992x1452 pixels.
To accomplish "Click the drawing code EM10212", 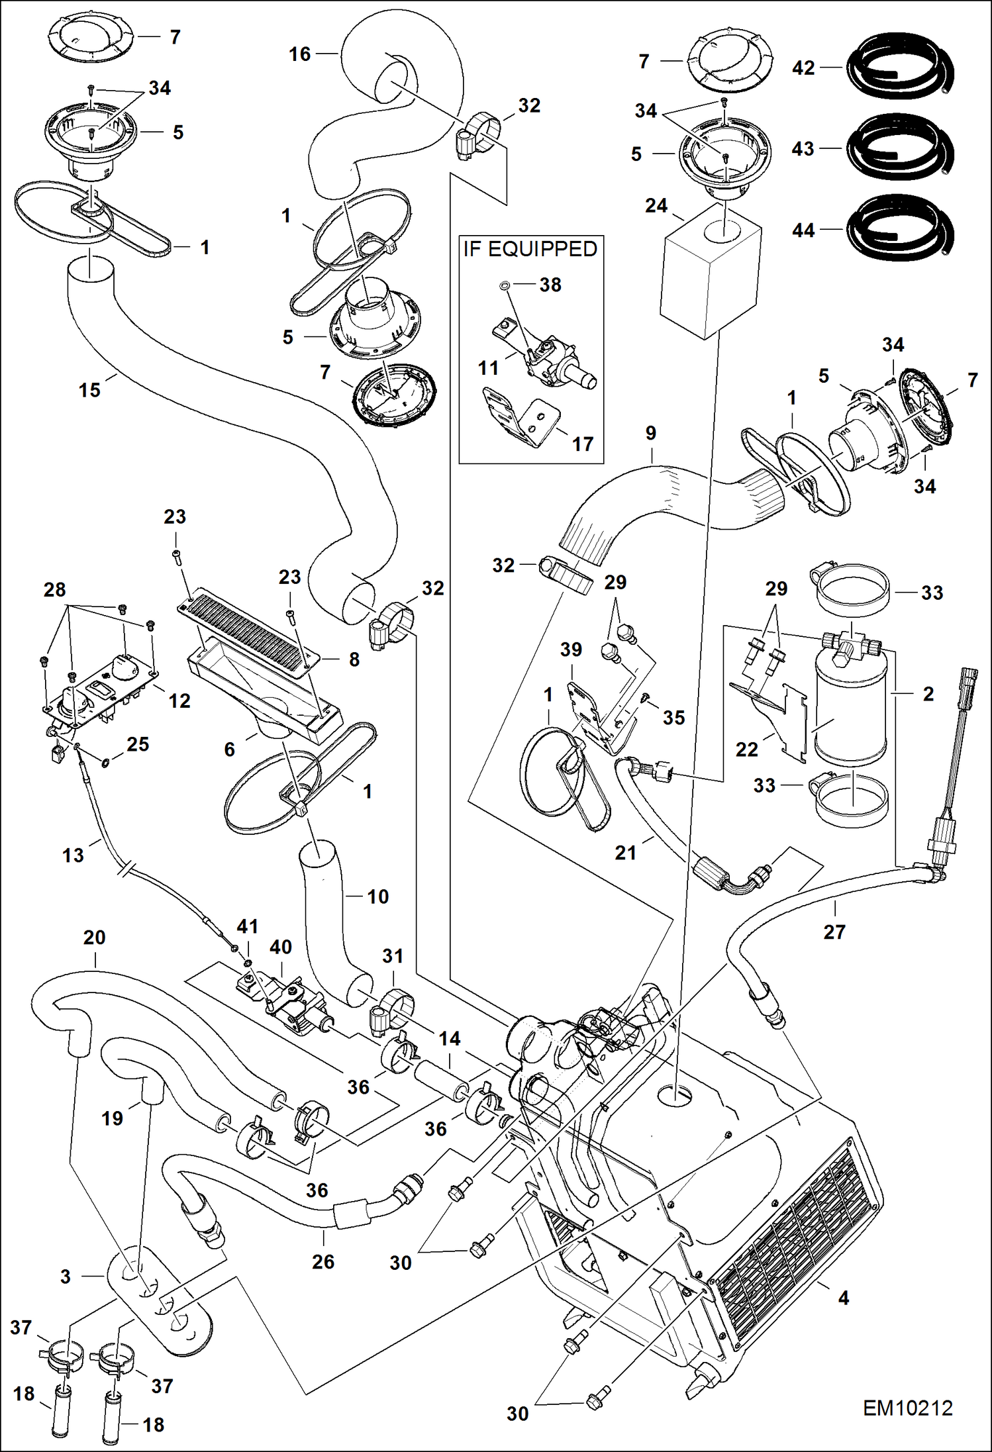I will (907, 1408).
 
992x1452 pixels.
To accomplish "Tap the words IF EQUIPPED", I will (530, 249).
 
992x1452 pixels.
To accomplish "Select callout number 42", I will (803, 68).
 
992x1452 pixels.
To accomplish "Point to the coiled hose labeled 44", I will (901, 229).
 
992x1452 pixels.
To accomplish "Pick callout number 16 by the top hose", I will (299, 54).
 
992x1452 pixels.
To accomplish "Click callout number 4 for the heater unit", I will (843, 1298).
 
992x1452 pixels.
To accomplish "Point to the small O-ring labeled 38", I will (503, 285).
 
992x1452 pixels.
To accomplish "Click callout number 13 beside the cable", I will (73, 855).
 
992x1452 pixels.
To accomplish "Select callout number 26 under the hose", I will (323, 1261).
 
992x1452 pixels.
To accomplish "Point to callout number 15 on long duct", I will (89, 390).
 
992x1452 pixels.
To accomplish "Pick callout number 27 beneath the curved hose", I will (834, 932).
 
